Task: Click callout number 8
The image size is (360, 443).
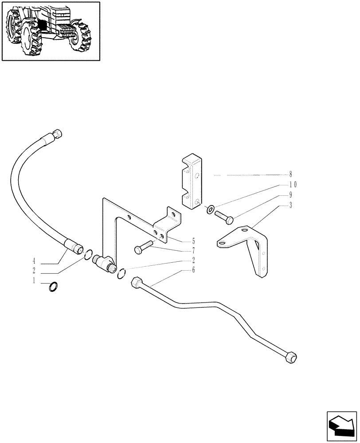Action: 291,175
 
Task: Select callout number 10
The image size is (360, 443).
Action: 293,185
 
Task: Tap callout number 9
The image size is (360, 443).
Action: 291,195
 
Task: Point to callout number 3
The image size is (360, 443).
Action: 291,206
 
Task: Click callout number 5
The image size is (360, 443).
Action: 193,241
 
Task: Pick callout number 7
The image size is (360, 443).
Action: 193,251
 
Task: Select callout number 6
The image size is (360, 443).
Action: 193,270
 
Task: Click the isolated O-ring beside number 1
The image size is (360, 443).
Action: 53,287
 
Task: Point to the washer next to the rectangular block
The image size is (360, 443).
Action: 210,208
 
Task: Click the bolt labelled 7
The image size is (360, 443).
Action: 143,247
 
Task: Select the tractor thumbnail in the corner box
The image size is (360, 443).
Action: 51,31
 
